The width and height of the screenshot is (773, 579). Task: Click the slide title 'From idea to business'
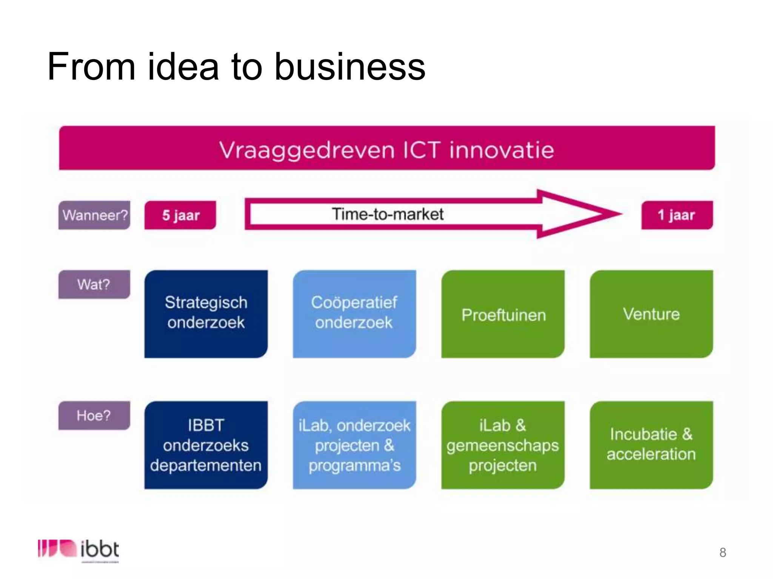[x=236, y=67]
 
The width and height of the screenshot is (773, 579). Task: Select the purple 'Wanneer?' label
[x=94, y=215]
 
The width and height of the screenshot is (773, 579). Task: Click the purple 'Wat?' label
[x=94, y=285]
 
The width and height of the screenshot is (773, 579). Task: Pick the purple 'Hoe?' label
[x=94, y=415]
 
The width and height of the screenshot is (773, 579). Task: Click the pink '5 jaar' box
[x=180, y=215]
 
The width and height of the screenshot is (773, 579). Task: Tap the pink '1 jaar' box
[x=677, y=215]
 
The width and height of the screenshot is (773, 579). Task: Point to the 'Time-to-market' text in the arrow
[x=388, y=214]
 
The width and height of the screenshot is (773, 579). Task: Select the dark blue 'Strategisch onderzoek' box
[x=206, y=314]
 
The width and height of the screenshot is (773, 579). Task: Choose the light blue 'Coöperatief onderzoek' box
[x=354, y=314]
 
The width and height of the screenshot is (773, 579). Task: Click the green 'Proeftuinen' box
[x=503, y=314]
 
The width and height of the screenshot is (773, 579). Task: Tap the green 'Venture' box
[x=651, y=314]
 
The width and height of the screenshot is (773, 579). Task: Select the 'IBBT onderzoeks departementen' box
[x=206, y=445]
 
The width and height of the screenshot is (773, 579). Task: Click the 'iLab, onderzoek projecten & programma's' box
[x=354, y=445]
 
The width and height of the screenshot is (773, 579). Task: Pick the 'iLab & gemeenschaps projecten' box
[x=503, y=445]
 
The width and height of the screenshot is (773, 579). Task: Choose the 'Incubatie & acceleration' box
[x=651, y=445]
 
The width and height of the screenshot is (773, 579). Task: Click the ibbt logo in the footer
[x=79, y=550]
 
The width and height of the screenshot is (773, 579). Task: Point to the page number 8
[x=722, y=552]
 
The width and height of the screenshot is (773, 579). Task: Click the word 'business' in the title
[x=350, y=67]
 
